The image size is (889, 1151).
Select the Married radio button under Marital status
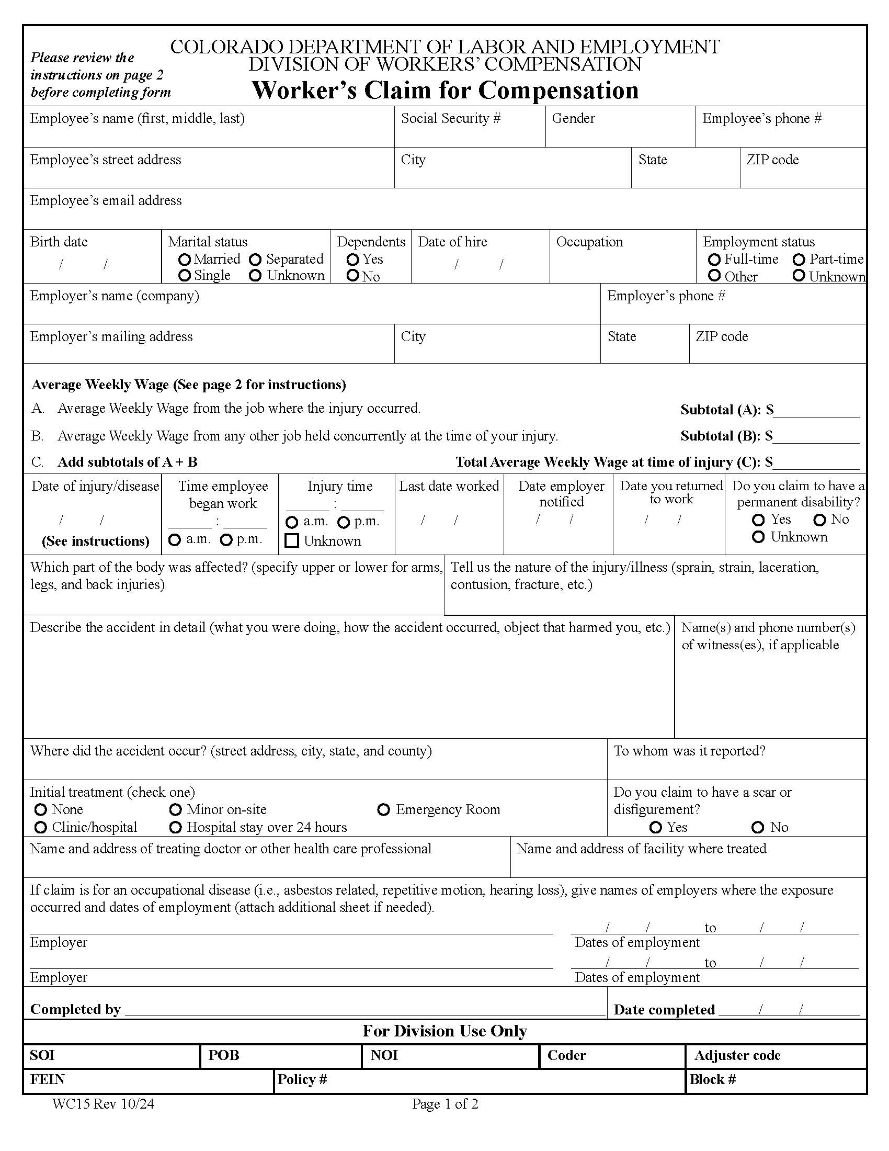click(184, 259)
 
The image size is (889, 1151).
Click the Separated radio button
click(255, 259)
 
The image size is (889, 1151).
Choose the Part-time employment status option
click(799, 259)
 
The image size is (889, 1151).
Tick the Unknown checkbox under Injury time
click(292, 541)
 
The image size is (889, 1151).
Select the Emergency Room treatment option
click(384, 809)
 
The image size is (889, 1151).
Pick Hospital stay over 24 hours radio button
click(175, 828)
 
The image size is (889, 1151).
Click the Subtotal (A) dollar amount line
click(816, 411)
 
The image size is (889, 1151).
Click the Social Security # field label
click(451, 119)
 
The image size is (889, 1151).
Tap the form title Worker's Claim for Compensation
click(445, 90)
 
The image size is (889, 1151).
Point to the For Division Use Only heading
click(444, 1031)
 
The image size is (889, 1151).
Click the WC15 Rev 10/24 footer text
click(103, 1103)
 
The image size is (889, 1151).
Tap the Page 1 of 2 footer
click(445, 1103)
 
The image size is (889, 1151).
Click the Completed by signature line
click(363, 1011)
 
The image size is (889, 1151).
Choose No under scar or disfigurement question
click(758, 828)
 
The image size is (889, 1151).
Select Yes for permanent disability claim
click(758, 520)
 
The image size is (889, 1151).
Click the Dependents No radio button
click(353, 276)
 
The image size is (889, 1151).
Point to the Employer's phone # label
click(666, 296)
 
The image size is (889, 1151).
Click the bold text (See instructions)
click(95, 541)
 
